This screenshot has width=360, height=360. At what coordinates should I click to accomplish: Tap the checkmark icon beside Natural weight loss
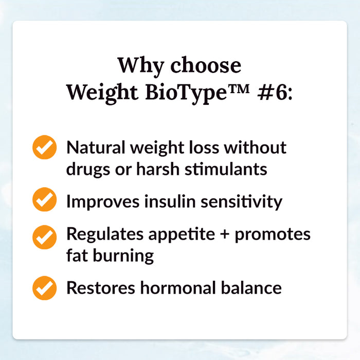(45, 148)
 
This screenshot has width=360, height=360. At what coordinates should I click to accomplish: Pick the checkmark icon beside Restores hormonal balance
(45, 288)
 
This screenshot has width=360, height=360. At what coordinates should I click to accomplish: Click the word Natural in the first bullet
(95, 148)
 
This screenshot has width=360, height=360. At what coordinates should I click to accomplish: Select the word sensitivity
(248, 202)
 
